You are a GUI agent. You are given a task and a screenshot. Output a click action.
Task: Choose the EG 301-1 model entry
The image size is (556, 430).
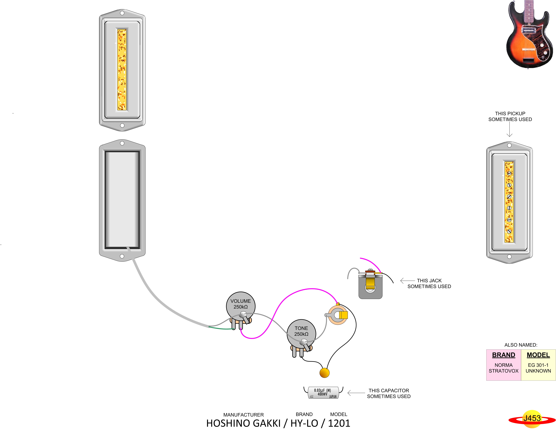coord(538,365)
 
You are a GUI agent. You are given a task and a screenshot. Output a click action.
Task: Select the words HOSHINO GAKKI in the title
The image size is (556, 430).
coord(243,423)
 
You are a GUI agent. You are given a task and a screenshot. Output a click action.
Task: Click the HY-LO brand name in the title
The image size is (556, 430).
coord(304,423)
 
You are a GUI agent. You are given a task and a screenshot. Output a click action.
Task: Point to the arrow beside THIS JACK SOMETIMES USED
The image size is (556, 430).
coord(407,281)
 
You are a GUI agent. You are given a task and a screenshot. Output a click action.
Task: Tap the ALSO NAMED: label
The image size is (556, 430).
coord(521,345)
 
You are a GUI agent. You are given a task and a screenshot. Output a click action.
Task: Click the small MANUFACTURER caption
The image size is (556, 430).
coord(243,415)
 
